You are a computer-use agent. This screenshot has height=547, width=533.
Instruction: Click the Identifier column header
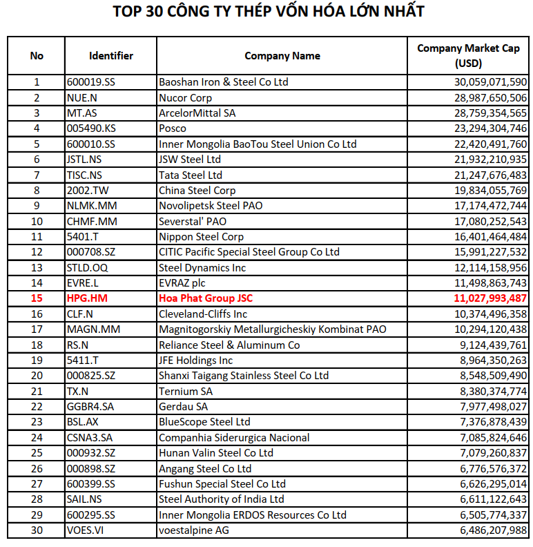click(111, 55)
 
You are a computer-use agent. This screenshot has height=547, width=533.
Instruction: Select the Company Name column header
click(282, 55)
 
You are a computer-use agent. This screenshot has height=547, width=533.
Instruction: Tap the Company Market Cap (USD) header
click(468, 55)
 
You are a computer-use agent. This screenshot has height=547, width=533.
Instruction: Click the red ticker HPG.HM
click(87, 298)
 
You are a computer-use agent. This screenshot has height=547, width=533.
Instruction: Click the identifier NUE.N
click(82, 97)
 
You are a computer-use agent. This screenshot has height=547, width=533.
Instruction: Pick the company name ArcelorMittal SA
click(197, 113)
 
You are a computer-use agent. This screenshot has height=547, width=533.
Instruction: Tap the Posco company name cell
click(173, 128)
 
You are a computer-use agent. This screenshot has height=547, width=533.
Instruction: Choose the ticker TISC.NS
click(84, 175)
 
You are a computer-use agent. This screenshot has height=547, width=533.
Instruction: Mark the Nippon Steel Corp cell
click(202, 237)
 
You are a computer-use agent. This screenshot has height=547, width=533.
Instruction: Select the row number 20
click(37, 376)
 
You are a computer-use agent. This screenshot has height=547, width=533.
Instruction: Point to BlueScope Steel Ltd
click(204, 422)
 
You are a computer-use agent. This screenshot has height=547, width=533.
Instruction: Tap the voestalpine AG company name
click(194, 530)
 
